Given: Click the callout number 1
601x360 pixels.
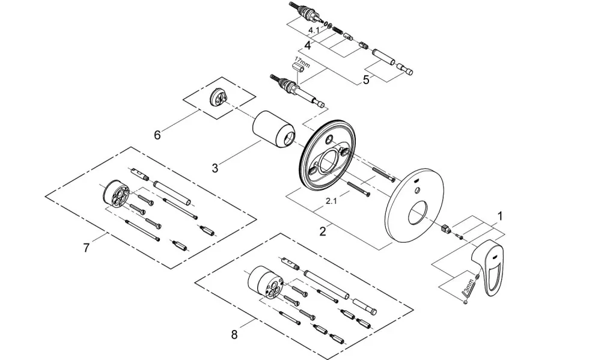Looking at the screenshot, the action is (x=499, y=216).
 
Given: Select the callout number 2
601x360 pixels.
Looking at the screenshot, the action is (x=323, y=231).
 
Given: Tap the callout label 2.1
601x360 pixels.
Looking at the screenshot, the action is (x=331, y=201).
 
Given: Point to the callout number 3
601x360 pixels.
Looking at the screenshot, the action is (x=215, y=168).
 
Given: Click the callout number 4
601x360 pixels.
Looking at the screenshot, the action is (x=307, y=46).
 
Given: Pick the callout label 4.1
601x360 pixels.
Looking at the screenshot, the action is (x=314, y=30).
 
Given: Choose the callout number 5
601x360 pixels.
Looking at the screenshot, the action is (x=366, y=80).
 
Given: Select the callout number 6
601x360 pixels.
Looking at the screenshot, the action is (x=157, y=135).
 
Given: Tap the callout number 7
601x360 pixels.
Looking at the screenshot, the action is (x=86, y=248).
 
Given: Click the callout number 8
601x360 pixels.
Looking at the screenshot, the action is (x=234, y=335).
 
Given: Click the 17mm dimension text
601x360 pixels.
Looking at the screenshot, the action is (x=302, y=61).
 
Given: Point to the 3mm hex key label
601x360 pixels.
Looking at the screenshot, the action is (x=468, y=286).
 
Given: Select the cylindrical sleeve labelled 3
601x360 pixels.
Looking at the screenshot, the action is (x=274, y=130).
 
